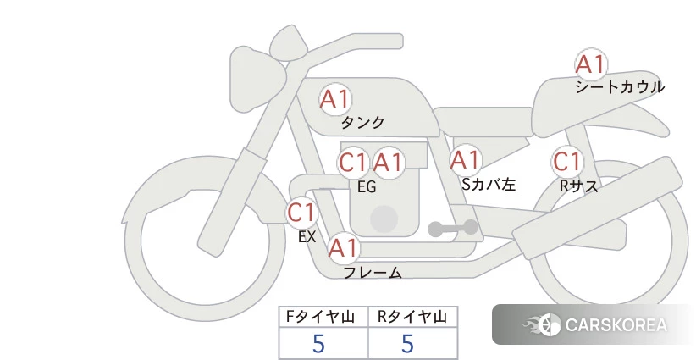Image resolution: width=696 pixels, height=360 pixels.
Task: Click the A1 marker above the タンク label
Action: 335,99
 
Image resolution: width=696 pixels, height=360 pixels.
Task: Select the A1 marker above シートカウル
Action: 591,64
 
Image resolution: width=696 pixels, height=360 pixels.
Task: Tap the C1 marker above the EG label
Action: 353,163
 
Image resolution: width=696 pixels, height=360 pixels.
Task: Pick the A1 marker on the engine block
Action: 389,163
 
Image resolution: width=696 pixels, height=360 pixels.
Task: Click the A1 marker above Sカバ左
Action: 466,160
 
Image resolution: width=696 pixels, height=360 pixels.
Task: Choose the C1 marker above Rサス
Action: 567,162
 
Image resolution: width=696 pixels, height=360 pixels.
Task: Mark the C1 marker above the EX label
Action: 301,212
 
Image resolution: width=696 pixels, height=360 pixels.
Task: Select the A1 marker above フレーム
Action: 344,248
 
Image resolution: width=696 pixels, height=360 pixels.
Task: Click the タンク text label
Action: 362,123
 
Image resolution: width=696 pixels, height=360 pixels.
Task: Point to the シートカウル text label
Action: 620,87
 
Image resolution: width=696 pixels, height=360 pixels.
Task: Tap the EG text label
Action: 367,187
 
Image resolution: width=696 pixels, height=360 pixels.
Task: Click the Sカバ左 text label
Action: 489,184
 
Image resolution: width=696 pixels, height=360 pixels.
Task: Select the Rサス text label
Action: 578,186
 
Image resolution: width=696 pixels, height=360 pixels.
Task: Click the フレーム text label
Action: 373,273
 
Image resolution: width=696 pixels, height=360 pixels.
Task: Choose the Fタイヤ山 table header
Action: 320,317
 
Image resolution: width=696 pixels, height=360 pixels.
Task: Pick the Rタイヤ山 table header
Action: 412,317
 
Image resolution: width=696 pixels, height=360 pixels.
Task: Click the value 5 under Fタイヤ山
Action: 318,344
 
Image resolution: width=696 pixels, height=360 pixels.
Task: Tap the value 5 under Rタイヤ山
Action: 407,344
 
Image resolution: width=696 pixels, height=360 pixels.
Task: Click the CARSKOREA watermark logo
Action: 594,325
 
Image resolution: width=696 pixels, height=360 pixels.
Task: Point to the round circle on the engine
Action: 384,219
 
